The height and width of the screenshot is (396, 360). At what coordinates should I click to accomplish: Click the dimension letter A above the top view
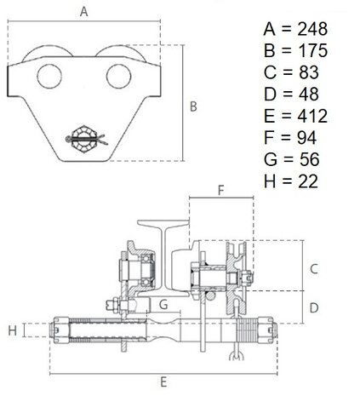coord(84,12)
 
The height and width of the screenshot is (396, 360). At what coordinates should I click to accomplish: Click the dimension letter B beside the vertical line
coord(193,106)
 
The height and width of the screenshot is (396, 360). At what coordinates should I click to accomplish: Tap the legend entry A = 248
coord(295,29)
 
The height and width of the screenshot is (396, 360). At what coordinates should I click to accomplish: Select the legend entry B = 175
coord(295,50)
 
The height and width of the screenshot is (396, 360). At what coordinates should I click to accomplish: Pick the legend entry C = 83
coord(291,72)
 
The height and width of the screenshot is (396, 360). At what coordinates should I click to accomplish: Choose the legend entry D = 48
coord(291,94)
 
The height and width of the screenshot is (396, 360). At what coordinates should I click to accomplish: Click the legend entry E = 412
coord(295,116)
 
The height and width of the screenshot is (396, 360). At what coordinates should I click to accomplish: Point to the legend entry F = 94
coord(290,138)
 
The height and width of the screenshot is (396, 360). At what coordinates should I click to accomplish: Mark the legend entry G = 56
coord(292,159)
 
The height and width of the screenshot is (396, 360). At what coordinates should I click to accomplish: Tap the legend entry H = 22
coord(291,181)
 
